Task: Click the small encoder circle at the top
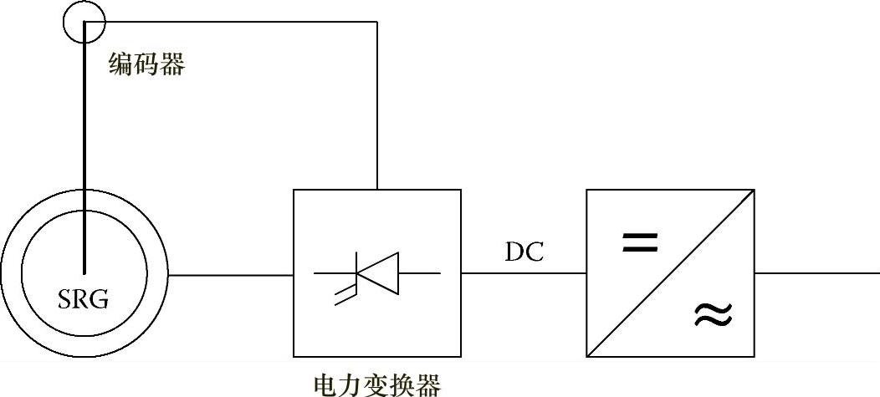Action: pyautogui.click(x=84, y=23)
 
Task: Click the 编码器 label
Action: pyautogui.click(x=146, y=64)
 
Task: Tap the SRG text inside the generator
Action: pyautogui.click(x=84, y=299)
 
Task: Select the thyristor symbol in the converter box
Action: pyautogui.click(x=376, y=273)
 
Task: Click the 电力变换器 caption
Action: pyautogui.click(x=376, y=384)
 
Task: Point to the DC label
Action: pyautogui.click(x=524, y=252)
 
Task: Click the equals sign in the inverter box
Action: pyautogui.click(x=639, y=243)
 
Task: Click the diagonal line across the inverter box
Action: pyautogui.click(x=670, y=273)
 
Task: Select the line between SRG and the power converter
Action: pyautogui.click(x=230, y=273)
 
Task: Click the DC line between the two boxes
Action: pyautogui.click(x=523, y=273)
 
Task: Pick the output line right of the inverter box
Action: pyautogui.click(x=816, y=273)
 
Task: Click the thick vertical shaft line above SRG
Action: pyautogui.click(x=84, y=150)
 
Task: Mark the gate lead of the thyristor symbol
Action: pyautogui.click(x=344, y=294)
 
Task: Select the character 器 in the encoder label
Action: pyautogui.click(x=172, y=64)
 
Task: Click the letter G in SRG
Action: pyautogui.click(x=100, y=299)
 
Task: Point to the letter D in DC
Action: pyautogui.click(x=514, y=252)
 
